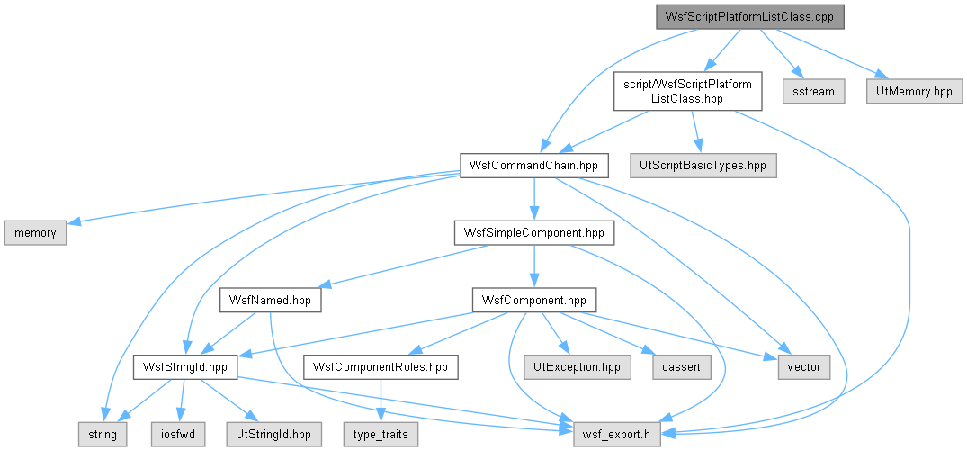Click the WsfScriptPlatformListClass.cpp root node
click(x=749, y=17)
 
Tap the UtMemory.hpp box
click(x=914, y=91)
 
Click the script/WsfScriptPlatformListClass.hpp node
click(x=687, y=91)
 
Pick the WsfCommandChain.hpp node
click(x=534, y=166)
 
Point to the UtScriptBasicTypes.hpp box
click(x=703, y=166)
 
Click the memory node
click(x=35, y=232)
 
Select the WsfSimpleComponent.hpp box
click(x=534, y=232)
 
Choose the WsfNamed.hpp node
click(x=270, y=300)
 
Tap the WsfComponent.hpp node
click(x=534, y=300)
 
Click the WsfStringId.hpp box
click(x=185, y=367)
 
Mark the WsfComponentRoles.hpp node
click(x=381, y=367)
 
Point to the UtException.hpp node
click(x=577, y=367)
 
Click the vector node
click(x=804, y=367)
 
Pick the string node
click(x=103, y=434)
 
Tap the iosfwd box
click(x=177, y=434)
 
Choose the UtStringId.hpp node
click(x=273, y=434)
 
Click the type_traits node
click(x=381, y=434)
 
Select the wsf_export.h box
click(x=617, y=434)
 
